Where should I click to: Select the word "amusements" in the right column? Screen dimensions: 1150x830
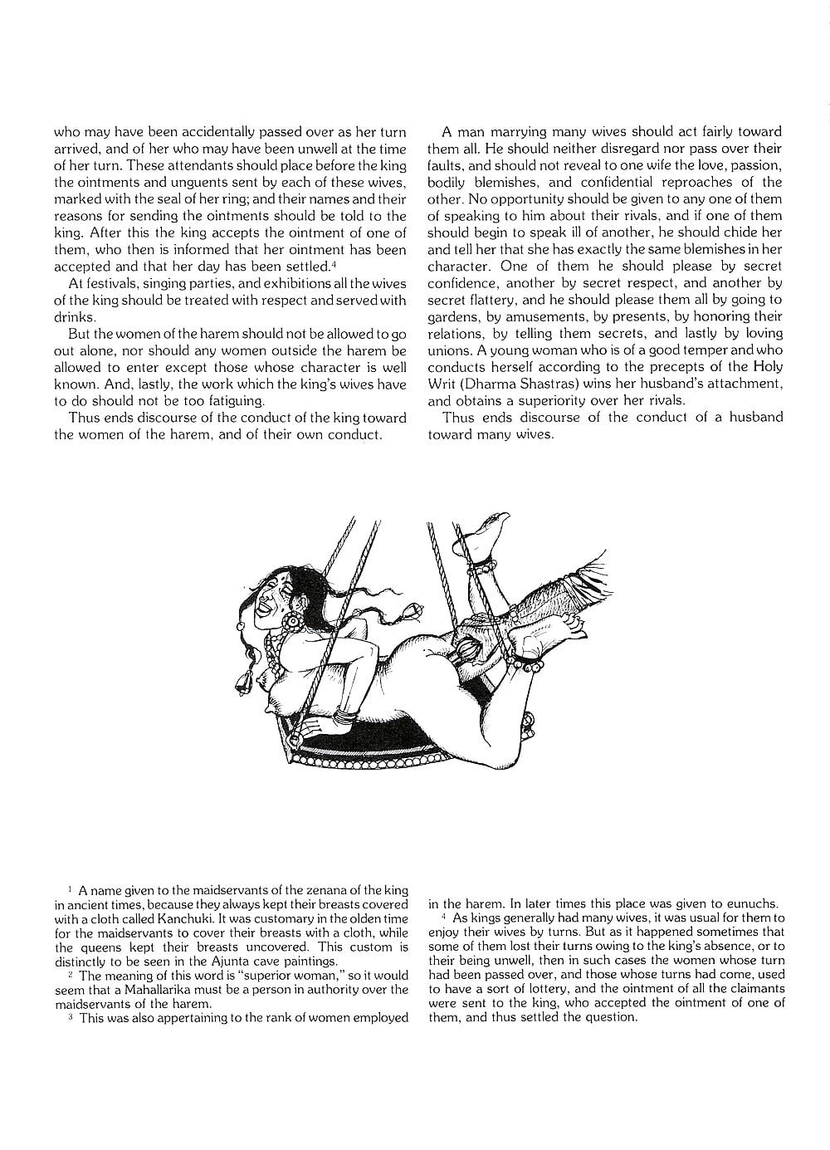(557, 316)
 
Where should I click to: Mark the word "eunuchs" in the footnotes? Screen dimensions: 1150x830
(750, 903)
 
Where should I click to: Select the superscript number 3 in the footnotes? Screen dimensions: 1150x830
(71, 1015)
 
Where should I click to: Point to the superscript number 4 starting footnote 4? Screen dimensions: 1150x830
(445, 917)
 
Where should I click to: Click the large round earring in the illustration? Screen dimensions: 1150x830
(295, 620)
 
